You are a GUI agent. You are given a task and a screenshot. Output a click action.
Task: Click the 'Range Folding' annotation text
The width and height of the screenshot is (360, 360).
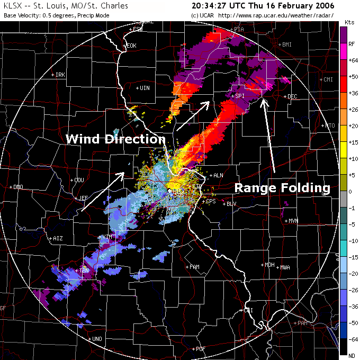coord(282,188)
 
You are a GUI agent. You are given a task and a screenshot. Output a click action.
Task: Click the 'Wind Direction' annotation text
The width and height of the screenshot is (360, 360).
coord(115,139)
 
